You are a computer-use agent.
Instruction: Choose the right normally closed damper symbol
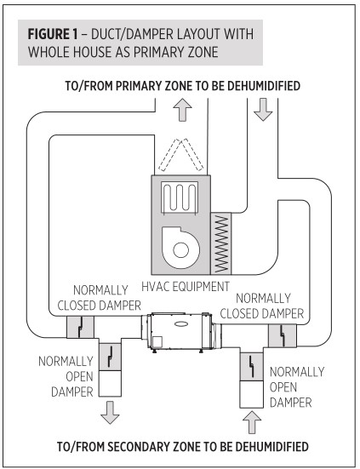[280, 335]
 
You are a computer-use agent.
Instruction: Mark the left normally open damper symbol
[111, 358]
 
